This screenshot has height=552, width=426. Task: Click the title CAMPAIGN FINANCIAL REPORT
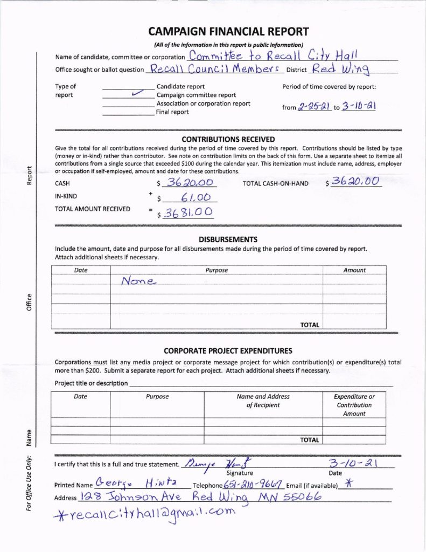coord(228,31)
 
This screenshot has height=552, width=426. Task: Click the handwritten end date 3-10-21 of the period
coord(358,106)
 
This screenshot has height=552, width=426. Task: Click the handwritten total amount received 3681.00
coord(188,212)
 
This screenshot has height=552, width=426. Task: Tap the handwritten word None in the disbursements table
coord(138,281)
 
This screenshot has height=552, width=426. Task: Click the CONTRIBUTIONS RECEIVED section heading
coord(228,139)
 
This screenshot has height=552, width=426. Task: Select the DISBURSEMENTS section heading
coord(228,239)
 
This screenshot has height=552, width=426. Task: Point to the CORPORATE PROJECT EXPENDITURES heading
coord(228,350)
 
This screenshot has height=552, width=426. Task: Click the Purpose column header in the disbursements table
coord(217,270)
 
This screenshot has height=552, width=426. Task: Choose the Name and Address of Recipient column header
coord(263,401)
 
